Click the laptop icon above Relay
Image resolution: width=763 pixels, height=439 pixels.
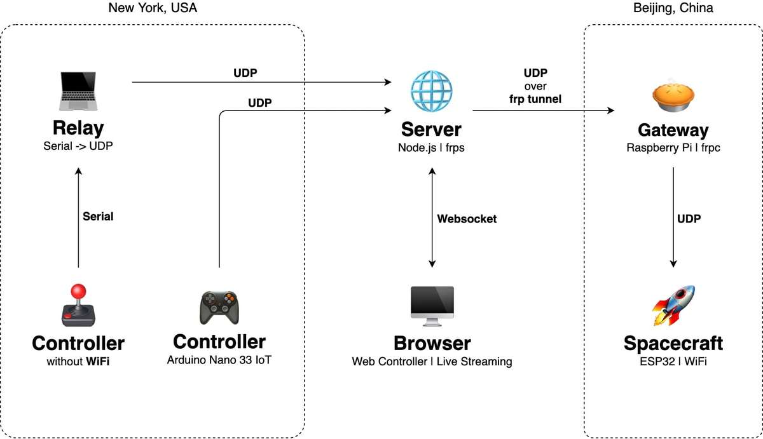pyautogui.click(x=78, y=90)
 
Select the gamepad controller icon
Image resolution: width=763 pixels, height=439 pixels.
pyautogui.click(x=219, y=307)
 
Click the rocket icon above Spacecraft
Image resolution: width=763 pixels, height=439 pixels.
pyautogui.click(x=673, y=306)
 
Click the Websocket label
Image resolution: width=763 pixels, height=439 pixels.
pyautogui.click(x=467, y=219)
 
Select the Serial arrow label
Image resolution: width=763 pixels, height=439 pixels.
pyautogui.click(x=98, y=217)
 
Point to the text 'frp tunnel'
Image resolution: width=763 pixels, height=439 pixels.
pyautogui.click(x=535, y=99)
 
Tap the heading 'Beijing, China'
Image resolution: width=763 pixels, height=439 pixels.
pyautogui.click(x=673, y=8)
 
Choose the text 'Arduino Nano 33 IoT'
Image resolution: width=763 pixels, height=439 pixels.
pyautogui.click(x=219, y=360)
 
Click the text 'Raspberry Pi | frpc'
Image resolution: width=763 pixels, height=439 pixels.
pyautogui.click(x=673, y=149)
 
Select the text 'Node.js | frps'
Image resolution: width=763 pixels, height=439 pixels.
pyautogui.click(x=431, y=149)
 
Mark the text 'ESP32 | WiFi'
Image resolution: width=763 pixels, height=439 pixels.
pyautogui.click(x=673, y=361)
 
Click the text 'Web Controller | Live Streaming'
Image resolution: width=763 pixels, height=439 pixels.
pyautogui.click(x=432, y=361)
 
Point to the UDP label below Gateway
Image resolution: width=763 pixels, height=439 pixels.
pyautogui.click(x=689, y=219)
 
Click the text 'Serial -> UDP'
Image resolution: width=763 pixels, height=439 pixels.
pyautogui.click(x=78, y=146)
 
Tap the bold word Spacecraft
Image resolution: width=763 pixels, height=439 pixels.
pyautogui.click(x=673, y=344)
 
